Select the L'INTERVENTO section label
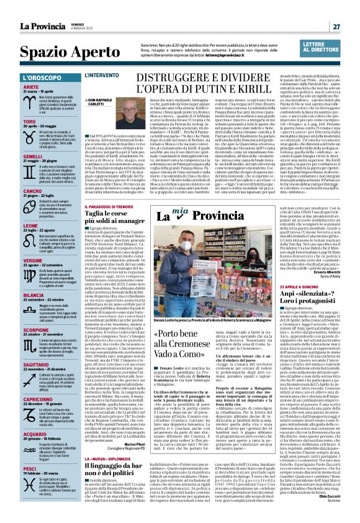click(102, 75)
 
